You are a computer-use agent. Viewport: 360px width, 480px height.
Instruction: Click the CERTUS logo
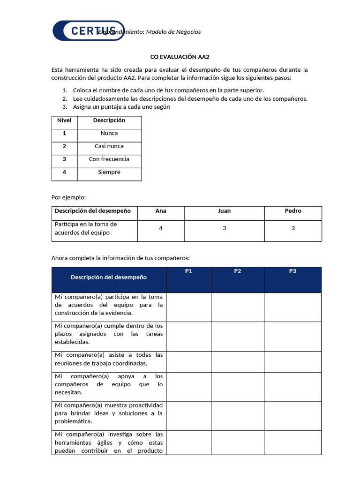pyautogui.click(x=88, y=31)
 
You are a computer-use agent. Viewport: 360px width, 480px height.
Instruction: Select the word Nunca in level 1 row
pyautogui.click(x=109, y=134)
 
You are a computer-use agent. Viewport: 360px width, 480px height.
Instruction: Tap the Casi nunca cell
pyautogui.click(x=109, y=146)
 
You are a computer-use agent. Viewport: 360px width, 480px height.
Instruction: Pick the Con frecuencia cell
pyautogui.click(x=109, y=159)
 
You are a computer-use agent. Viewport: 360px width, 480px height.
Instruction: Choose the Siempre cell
pyautogui.click(x=109, y=172)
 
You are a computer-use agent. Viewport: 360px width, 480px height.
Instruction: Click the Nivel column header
pyautogui.click(x=64, y=120)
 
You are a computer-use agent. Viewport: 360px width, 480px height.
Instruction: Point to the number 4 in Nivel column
pyautogui.click(x=64, y=172)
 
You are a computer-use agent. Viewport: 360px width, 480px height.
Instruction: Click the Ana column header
pyautogui.click(x=161, y=211)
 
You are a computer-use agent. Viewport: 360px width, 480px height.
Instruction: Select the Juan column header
pyautogui.click(x=225, y=211)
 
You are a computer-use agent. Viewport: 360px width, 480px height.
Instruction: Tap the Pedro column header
pyautogui.click(x=293, y=211)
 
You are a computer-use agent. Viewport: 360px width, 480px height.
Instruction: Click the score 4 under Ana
pyautogui.click(x=161, y=228)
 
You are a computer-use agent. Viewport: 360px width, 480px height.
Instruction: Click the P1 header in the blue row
pyautogui.click(x=188, y=271)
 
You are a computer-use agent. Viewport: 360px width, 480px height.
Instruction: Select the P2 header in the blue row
pyautogui.click(x=238, y=271)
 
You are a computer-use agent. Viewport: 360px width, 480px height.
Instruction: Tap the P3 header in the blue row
pyautogui.click(x=292, y=271)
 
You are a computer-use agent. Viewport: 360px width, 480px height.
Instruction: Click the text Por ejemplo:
pyautogui.click(x=68, y=197)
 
